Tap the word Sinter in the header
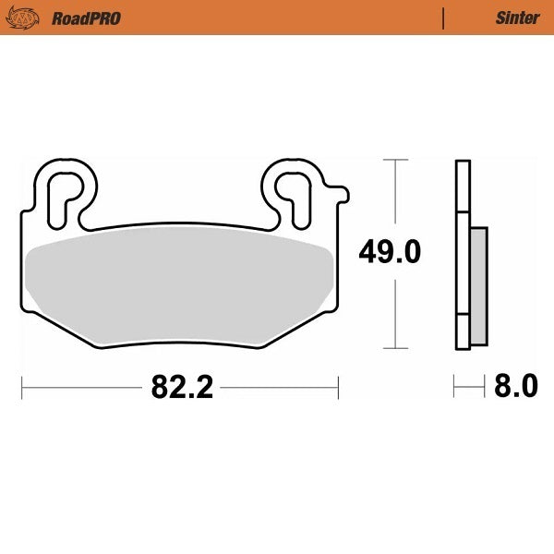tap(517, 18)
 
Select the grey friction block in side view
tap(478, 286)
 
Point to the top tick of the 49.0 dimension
tap(395, 160)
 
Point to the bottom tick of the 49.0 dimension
tap(395, 348)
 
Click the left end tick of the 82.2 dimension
tap(21, 387)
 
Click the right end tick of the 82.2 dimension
tap(339, 387)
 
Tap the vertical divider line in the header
tap(444, 18)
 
